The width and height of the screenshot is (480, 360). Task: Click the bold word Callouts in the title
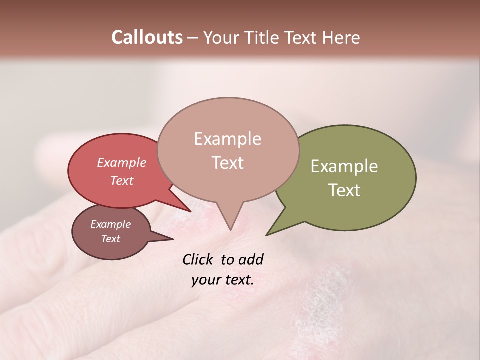point(147,37)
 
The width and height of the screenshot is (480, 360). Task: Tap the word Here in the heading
point(341,37)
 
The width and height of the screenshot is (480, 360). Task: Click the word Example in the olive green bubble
point(344,166)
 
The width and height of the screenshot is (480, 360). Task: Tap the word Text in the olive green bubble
point(344,190)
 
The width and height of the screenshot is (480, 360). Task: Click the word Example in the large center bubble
point(227,139)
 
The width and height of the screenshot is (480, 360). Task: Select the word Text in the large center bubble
point(227,163)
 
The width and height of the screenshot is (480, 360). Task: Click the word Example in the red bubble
point(122,162)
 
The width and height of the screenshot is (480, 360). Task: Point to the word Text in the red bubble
point(122,180)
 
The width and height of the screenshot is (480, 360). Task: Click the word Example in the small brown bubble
point(110,224)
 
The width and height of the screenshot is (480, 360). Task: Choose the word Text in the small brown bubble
point(110,239)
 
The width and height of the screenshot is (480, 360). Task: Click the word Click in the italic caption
point(198,259)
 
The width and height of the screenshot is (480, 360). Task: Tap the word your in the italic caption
point(205,280)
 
